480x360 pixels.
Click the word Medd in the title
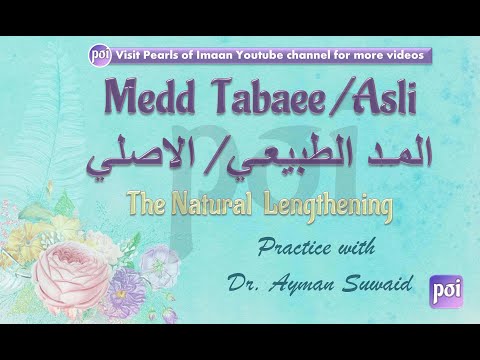pos(136,99)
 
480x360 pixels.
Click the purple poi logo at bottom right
pos(443,287)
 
